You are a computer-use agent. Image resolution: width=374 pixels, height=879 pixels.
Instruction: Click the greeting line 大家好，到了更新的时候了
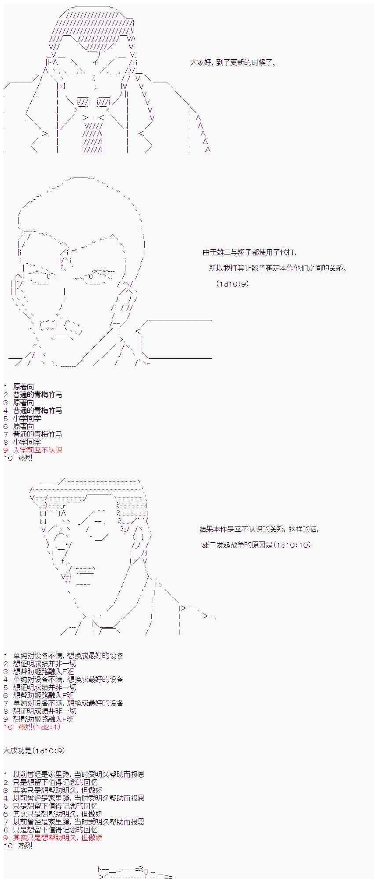click(x=233, y=62)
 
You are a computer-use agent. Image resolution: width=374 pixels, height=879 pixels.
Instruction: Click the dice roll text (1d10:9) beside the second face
click(x=233, y=284)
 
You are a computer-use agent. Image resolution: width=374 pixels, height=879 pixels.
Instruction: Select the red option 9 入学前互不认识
click(x=33, y=450)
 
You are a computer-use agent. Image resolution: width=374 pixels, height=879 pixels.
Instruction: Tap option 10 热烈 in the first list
click(x=18, y=458)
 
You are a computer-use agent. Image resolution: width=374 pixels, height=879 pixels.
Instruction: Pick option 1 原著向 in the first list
click(x=19, y=387)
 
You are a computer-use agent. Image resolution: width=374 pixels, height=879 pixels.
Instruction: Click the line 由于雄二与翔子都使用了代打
click(x=249, y=252)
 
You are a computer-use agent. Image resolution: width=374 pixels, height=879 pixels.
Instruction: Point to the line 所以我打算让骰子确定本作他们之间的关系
click(x=278, y=268)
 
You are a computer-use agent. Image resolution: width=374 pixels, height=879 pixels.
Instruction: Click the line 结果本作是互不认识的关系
click(x=259, y=529)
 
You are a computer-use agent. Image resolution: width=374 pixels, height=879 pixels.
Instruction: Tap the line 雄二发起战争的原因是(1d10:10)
click(x=257, y=545)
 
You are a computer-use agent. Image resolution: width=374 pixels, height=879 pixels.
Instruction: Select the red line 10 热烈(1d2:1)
click(x=32, y=727)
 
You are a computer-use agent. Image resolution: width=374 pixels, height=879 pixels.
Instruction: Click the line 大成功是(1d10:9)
click(x=34, y=751)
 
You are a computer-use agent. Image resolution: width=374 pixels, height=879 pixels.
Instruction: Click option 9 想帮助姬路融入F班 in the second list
click(x=39, y=719)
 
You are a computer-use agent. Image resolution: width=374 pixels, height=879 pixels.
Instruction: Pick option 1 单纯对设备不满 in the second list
click(x=63, y=656)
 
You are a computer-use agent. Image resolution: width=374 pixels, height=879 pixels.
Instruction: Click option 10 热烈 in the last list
click(x=18, y=846)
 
